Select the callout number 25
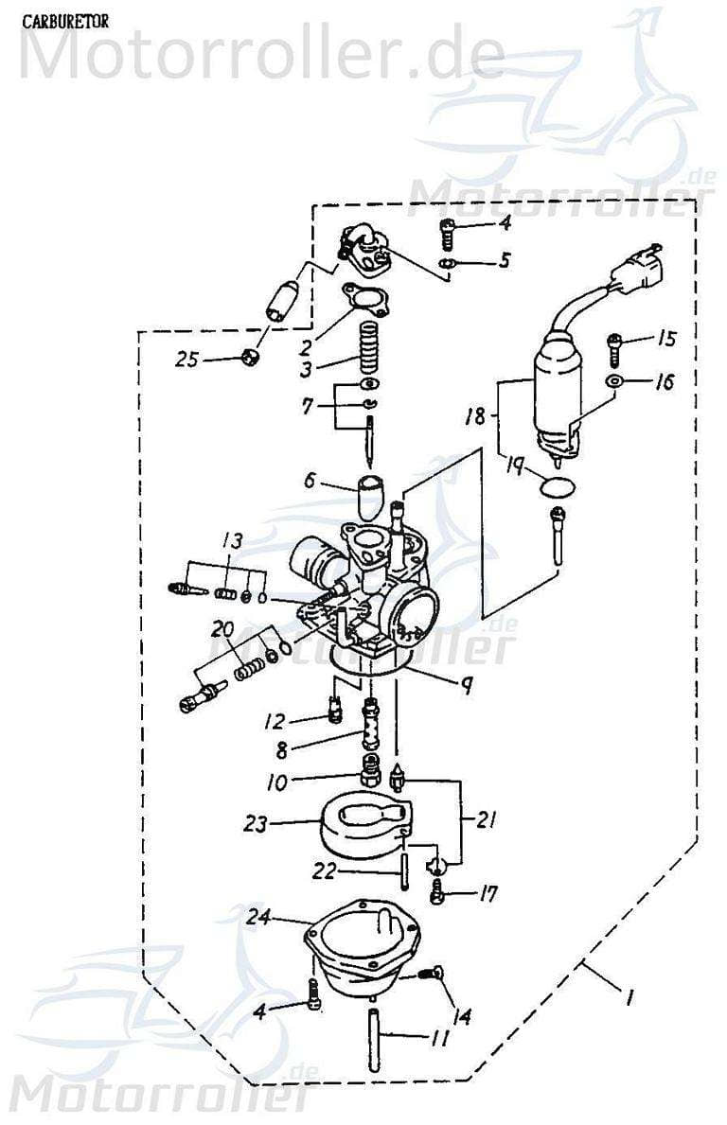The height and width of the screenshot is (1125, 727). coord(188,360)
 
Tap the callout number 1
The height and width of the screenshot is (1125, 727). coord(629,996)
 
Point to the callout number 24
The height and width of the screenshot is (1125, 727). coord(259,916)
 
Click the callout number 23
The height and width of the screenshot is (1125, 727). coord(257,824)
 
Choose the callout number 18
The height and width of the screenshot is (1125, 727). coord(475,415)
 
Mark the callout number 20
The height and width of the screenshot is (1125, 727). coord(222,629)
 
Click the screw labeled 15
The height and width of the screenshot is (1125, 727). coord(614,348)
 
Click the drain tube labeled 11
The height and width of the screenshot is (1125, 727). coord(373,1040)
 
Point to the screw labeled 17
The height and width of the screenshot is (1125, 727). coord(437,889)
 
